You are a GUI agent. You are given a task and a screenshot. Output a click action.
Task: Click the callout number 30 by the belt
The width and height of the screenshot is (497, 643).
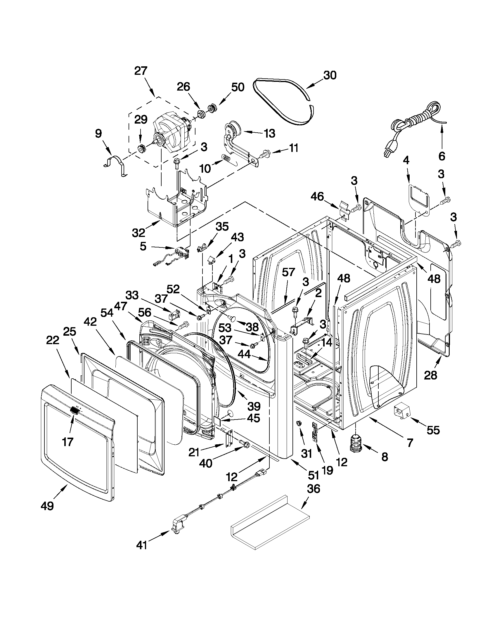point(330,75)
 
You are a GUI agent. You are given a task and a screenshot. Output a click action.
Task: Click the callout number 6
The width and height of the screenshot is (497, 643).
point(442,156)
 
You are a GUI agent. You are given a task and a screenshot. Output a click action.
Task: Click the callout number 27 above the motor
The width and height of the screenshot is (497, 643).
point(141,71)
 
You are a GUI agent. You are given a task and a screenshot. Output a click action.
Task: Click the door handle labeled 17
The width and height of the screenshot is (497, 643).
point(75,410)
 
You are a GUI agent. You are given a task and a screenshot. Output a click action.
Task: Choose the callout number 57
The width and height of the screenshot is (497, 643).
point(288,272)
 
